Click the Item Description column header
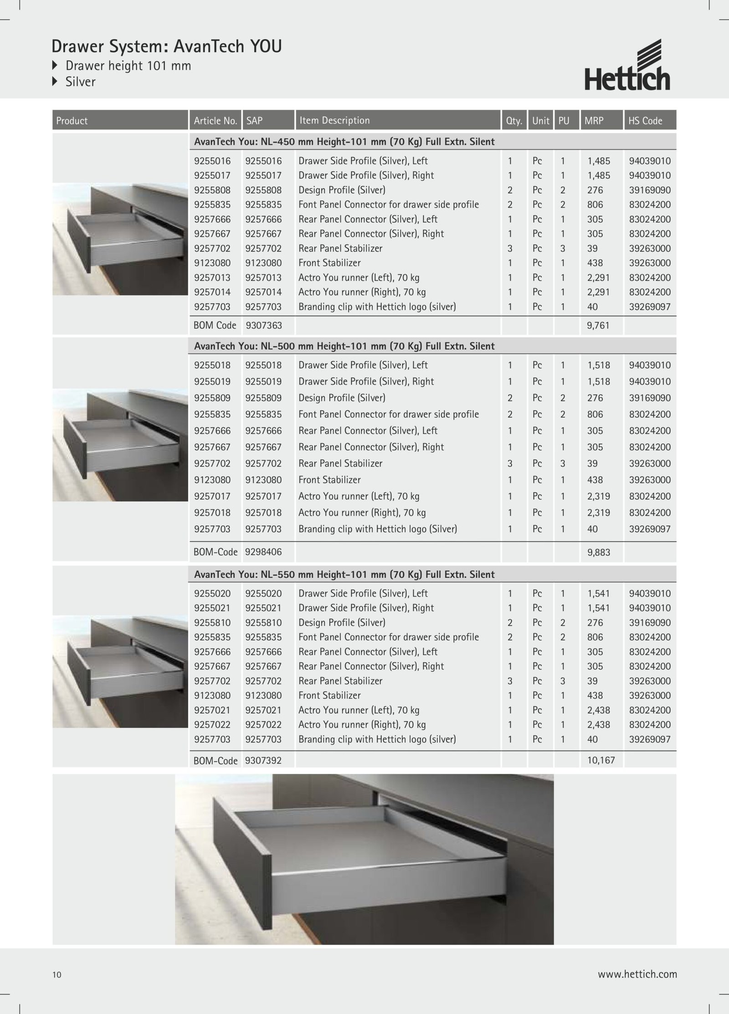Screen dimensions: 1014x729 (334, 121)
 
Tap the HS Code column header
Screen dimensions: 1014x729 (645, 121)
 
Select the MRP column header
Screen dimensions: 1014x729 (594, 121)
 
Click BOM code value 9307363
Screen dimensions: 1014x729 (263, 326)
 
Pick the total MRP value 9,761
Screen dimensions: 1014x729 (598, 326)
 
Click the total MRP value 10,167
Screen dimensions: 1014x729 (601, 760)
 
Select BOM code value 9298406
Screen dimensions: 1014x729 (263, 552)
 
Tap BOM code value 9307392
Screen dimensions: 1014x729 (263, 760)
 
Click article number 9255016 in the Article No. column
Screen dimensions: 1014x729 (212, 161)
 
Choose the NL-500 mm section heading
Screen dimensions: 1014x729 (344, 346)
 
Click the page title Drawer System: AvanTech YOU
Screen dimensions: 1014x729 (166, 46)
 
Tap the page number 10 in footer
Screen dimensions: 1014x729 (57, 975)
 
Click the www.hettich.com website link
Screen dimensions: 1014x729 (637, 974)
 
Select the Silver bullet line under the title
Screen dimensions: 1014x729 (80, 82)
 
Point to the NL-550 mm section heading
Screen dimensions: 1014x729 (344, 575)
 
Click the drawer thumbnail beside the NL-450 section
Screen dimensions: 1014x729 (120, 239)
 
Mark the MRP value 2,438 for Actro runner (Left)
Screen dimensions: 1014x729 (598, 710)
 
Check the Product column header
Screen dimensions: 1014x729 (72, 121)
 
